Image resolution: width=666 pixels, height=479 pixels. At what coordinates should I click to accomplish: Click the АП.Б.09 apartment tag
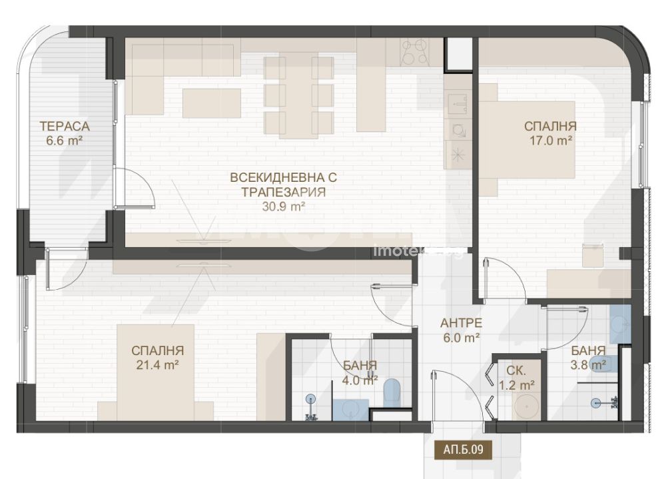tap(463, 449)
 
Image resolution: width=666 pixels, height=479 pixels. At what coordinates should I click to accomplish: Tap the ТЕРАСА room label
tap(65, 126)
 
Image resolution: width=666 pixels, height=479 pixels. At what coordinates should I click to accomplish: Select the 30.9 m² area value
tap(284, 207)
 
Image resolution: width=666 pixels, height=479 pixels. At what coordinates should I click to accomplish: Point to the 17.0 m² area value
tap(551, 141)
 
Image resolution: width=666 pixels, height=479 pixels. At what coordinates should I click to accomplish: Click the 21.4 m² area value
tap(157, 364)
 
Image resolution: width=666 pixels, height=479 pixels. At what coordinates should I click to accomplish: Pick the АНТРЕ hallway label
tap(461, 323)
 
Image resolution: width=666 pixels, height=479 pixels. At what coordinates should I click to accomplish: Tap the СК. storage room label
tap(516, 370)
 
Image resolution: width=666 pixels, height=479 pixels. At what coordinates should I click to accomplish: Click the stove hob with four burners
tap(415, 52)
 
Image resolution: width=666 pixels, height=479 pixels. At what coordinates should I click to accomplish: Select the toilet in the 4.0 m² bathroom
tap(392, 392)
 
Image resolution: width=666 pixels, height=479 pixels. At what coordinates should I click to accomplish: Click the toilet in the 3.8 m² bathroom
tap(603, 364)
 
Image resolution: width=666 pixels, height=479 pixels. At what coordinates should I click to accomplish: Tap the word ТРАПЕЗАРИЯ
tap(284, 192)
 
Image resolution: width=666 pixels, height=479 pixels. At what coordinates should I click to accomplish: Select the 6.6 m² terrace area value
tap(64, 141)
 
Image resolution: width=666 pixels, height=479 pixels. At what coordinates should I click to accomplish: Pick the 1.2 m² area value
tap(517, 385)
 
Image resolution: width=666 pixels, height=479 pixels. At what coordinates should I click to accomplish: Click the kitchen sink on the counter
tap(458, 103)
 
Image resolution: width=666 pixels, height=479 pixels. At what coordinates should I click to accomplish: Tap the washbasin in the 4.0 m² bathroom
tap(351, 410)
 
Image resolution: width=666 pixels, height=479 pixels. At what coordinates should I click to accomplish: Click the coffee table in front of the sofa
tap(212, 103)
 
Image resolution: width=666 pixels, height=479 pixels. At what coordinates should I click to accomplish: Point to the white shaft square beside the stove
tap(458, 54)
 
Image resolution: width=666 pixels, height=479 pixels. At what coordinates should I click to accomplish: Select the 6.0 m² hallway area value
tap(461, 338)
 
